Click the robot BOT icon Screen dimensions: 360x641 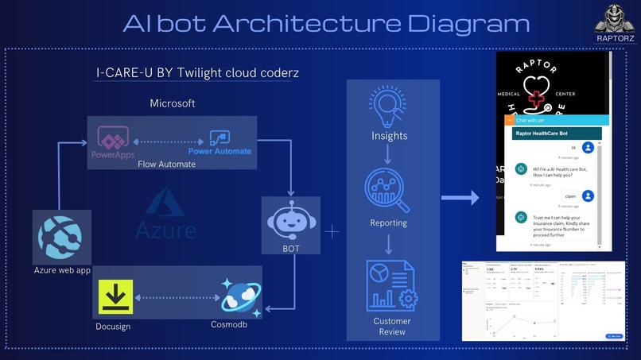tap(291, 219)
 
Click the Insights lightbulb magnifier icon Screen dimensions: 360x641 tap(388, 108)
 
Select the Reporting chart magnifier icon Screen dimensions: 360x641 tap(388, 192)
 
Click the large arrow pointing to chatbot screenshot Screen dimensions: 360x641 tap(460, 197)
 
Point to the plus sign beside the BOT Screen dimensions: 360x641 tap(332, 231)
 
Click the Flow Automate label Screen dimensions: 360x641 tap(166, 165)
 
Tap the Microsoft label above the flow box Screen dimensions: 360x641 tap(173, 104)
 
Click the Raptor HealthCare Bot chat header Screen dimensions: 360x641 tap(545, 134)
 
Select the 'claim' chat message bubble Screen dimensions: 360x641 tap(570, 195)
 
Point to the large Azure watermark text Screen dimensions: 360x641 tap(165, 230)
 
